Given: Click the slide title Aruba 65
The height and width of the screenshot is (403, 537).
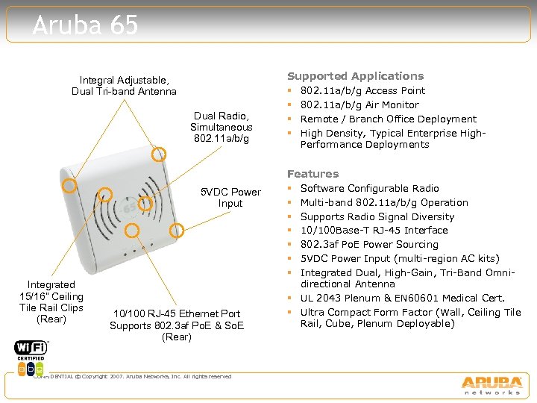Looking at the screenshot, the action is point(86,26).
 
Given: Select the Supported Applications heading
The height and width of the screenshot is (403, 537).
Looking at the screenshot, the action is point(355,76).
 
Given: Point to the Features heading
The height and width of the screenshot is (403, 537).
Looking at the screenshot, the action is point(313,174).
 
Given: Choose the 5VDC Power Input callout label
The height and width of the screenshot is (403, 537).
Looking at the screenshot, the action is point(230,198).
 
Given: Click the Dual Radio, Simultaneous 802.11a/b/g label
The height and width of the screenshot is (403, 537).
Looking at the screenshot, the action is point(221,127).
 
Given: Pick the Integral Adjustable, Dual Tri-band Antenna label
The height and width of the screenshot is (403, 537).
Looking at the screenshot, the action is point(124,86).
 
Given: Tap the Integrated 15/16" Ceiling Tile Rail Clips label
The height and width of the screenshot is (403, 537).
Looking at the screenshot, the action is point(51,302).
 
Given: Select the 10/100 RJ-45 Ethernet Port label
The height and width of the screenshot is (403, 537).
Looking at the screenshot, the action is point(177,325).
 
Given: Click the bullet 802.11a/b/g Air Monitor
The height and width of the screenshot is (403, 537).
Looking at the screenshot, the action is point(359,105).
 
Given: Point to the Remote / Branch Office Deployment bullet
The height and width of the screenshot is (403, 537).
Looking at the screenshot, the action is point(388,119).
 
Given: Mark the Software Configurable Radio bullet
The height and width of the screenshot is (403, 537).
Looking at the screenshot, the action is point(369,189).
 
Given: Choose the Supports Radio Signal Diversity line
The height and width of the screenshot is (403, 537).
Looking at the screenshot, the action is point(377,216).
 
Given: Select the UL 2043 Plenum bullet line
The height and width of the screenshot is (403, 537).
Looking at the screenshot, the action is point(402,298).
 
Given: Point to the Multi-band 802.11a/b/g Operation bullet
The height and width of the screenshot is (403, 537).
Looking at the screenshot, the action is point(383,203).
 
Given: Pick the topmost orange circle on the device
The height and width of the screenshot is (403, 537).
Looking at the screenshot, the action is point(159,154).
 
